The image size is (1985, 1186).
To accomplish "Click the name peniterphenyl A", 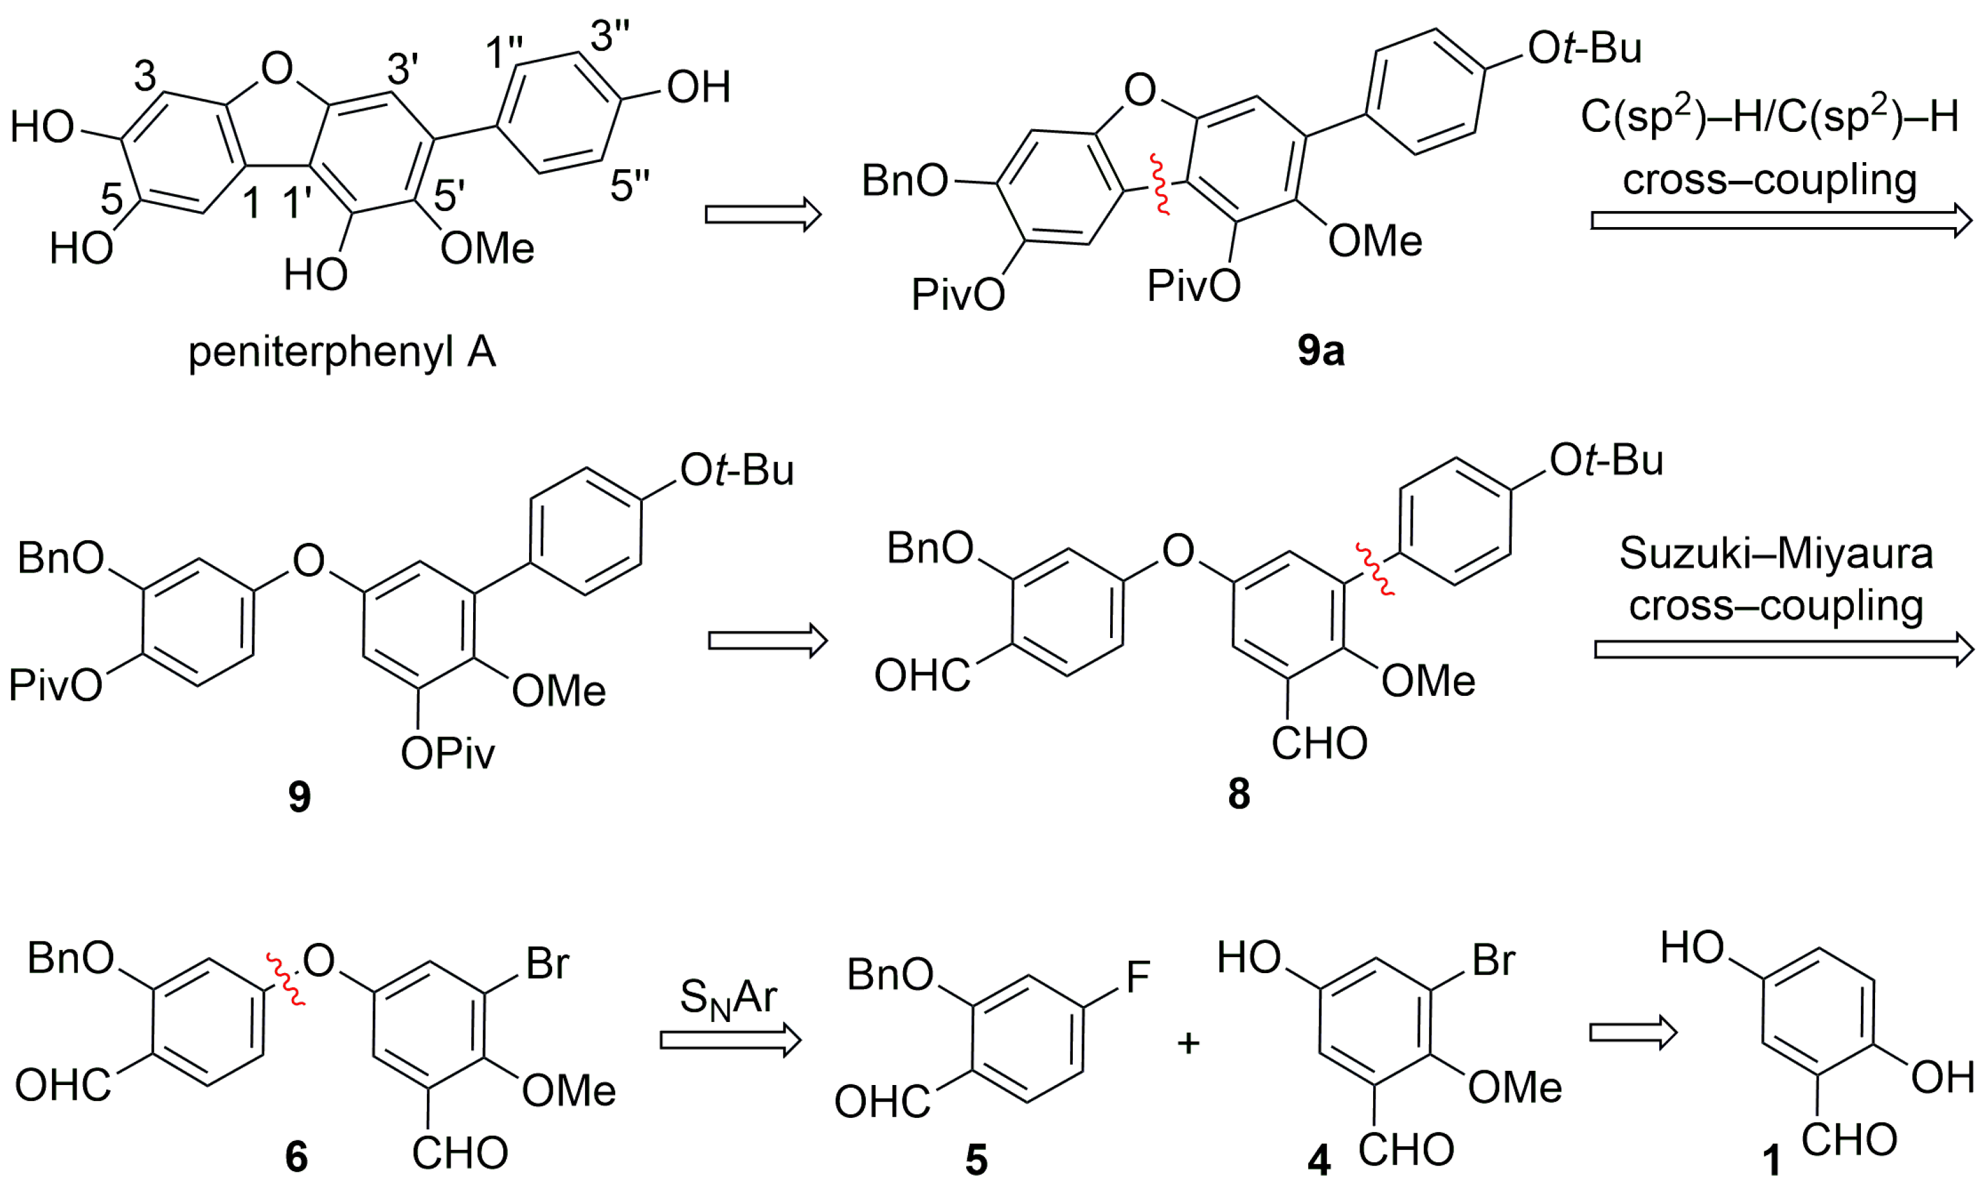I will (342, 352).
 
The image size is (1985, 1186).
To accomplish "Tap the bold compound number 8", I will (1239, 794).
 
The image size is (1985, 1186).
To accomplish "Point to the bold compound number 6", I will (296, 1156).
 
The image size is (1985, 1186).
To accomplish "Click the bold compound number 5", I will (976, 1160).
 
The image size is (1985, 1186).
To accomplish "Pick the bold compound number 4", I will (1319, 1160).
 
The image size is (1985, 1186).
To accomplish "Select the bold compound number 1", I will (1772, 1160).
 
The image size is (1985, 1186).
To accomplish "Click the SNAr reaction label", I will (728, 999).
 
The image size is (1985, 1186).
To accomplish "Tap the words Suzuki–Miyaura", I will (1775, 553).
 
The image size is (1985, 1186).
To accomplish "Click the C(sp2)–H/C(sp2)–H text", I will (1769, 118).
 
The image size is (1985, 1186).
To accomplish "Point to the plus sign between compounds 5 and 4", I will (1189, 1043).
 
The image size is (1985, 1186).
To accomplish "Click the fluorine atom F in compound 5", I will (1138, 976).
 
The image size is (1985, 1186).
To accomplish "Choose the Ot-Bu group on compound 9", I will (737, 470).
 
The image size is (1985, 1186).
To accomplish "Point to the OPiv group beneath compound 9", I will (447, 753).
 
